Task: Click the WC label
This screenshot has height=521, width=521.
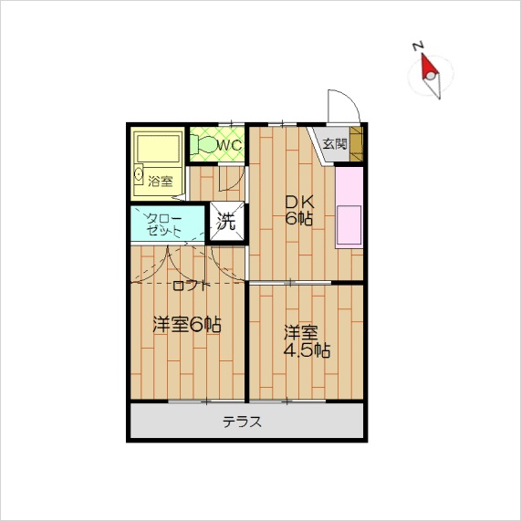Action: tap(229, 145)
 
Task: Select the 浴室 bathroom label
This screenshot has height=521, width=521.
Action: tap(161, 181)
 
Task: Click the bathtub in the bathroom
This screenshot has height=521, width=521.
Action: tap(158, 150)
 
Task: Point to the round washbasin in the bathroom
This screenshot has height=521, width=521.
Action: tap(139, 173)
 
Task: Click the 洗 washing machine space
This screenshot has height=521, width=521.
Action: tap(227, 221)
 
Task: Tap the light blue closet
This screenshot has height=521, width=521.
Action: tap(167, 224)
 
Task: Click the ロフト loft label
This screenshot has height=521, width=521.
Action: tap(192, 286)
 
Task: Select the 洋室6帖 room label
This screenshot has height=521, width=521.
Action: tap(187, 325)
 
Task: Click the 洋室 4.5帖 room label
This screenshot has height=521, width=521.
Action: tap(307, 341)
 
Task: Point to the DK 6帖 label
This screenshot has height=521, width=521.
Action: tap(299, 210)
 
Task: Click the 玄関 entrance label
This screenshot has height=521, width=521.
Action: tap(335, 144)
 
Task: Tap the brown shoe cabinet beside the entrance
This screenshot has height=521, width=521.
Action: tap(356, 144)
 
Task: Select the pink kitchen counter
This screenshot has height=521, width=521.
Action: tap(349, 207)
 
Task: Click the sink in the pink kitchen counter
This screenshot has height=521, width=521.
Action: tap(349, 225)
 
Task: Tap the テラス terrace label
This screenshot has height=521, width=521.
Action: tap(242, 422)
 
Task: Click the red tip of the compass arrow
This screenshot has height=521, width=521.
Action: tap(422, 55)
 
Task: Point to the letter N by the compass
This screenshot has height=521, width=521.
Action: tap(417, 46)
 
